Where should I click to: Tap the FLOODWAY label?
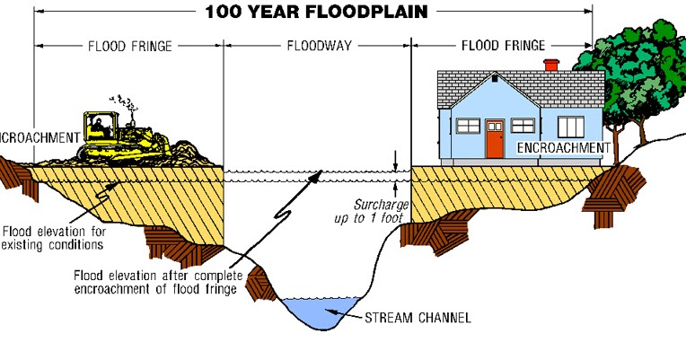(x=316, y=45)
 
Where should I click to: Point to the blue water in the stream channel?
(x=319, y=310)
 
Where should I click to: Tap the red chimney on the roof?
(x=551, y=66)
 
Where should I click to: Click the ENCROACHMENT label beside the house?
(x=563, y=147)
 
